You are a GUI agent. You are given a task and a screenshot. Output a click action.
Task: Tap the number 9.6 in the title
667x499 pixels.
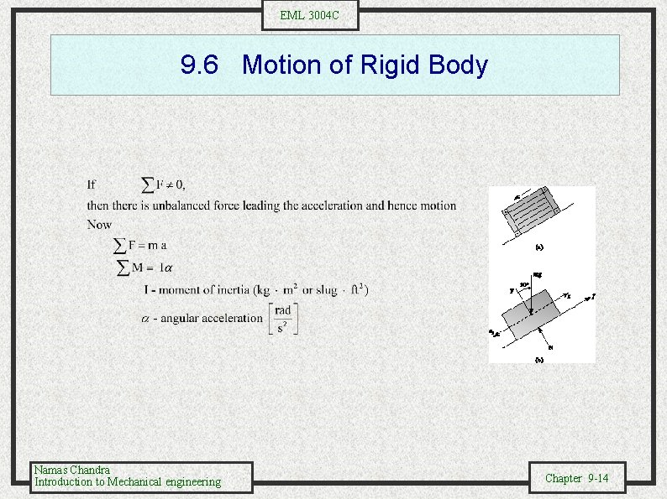tap(201, 65)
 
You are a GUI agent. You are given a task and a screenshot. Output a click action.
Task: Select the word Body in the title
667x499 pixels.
tap(457, 65)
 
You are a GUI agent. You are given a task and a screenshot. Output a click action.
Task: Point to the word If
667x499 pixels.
tap(92, 185)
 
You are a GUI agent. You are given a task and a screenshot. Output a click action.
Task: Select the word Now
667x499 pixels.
tap(98, 225)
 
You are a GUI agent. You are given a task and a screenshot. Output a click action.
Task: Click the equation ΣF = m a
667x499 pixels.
tap(140, 245)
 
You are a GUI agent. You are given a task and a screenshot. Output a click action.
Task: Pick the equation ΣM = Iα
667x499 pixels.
tap(144, 268)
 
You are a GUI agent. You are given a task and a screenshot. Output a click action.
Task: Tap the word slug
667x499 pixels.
tap(320, 290)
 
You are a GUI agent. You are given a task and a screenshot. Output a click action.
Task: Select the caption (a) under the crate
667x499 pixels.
tap(539, 247)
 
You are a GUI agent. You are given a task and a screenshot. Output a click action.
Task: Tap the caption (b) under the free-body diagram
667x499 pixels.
tap(539, 359)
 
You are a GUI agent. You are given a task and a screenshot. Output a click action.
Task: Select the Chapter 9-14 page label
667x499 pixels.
tap(577, 478)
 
